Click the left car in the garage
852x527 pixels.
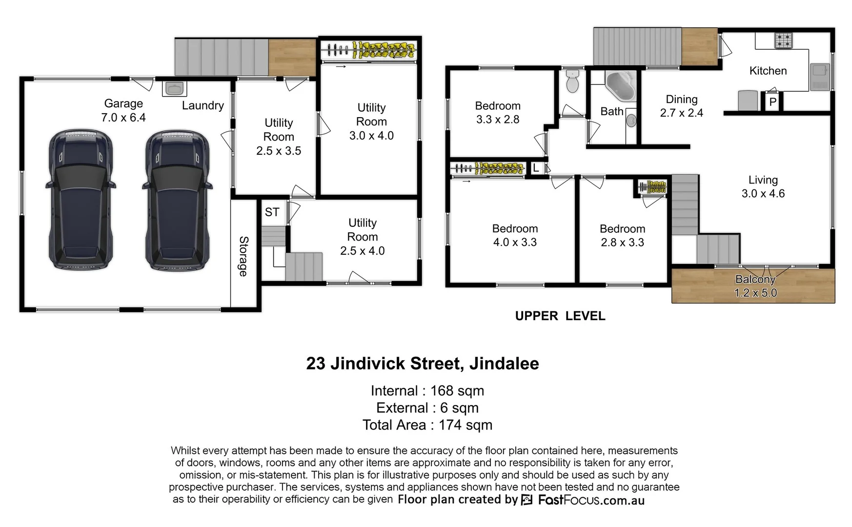[81, 200]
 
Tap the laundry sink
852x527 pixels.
[174, 88]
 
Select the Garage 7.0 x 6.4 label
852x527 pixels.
[123, 110]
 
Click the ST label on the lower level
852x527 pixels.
[272, 212]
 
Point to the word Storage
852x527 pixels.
[243, 256]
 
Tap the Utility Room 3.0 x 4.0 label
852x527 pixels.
[371, 122]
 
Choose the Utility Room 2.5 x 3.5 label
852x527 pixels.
[279, 137]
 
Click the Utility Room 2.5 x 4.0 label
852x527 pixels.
[362, 237]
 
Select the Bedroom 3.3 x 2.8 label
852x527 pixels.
[498, 113]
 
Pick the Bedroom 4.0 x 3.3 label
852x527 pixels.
[515, 235]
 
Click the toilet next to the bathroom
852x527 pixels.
[572, 81]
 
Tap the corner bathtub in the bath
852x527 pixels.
[621, 86]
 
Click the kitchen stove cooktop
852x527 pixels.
[783, 40]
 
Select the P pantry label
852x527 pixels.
[772, 102]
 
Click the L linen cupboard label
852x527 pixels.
[536, 168]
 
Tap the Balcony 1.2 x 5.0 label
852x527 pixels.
[755, 286]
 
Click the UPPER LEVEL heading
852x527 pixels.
[560, 316]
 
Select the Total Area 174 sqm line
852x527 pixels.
[427, 425]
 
